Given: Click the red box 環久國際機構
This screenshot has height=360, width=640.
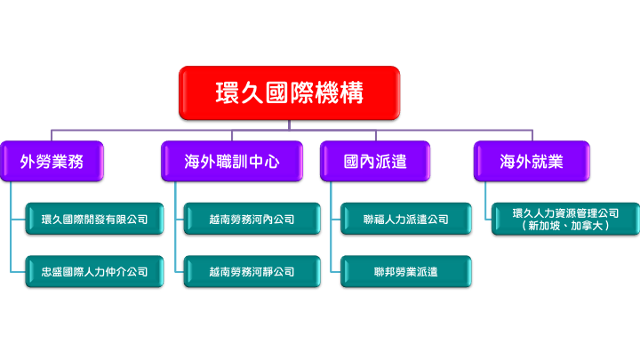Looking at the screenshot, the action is pyautogui.click(x=290, y=92).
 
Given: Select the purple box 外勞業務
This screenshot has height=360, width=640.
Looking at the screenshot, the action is pyautogui.click(x=52, y=161).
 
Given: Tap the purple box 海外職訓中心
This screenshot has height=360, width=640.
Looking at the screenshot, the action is pyautogui.click(x=232, y=161).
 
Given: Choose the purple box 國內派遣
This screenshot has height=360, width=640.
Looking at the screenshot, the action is pyautogui.click(x=375, y=161).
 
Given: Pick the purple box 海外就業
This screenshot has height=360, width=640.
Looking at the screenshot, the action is pyautogui.click(x=532, y=161).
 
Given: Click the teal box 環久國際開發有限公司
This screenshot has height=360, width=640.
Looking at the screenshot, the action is pyautogui.click(x=94, y=219).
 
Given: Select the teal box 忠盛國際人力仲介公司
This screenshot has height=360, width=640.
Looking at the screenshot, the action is pyautogui.click(x=94, y=271).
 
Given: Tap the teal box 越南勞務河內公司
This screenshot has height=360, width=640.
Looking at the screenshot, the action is pyautogui.click(x=252, y=219).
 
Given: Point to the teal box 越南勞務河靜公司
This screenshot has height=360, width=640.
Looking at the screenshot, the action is pyautogui.click(x=252, y=271).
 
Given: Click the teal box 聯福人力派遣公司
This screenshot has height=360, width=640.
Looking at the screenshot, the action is pyautogui.click(x=405, y=219).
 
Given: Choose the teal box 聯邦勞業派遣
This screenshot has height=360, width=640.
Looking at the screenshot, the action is pyautogui.click(x=405, y=271).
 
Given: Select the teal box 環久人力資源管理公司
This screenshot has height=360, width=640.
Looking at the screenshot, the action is pyautogui.click(x=565, y=219).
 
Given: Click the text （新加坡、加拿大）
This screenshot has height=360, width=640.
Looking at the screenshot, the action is pyautogui.click(x=565, y=226).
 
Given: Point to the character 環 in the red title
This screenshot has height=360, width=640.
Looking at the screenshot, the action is pyautogui.click(x=228, y=92).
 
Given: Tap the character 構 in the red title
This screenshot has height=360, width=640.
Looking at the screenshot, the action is pyautogui.click(x=352, y=92).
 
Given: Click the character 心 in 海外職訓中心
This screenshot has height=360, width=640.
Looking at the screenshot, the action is pyautogui.click(x=271, y=162).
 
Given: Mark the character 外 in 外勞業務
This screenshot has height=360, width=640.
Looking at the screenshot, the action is pyautogui.click(x=28, y=162).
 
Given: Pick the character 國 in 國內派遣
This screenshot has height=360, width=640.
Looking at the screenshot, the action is pyautogui.click(x=351, y=162).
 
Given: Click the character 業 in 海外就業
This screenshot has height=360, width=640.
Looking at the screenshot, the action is pyautogui.click(x=555, y=162).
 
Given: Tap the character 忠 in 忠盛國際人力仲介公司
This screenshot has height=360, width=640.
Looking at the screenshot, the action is pyautogui.click(x=46, y=272).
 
